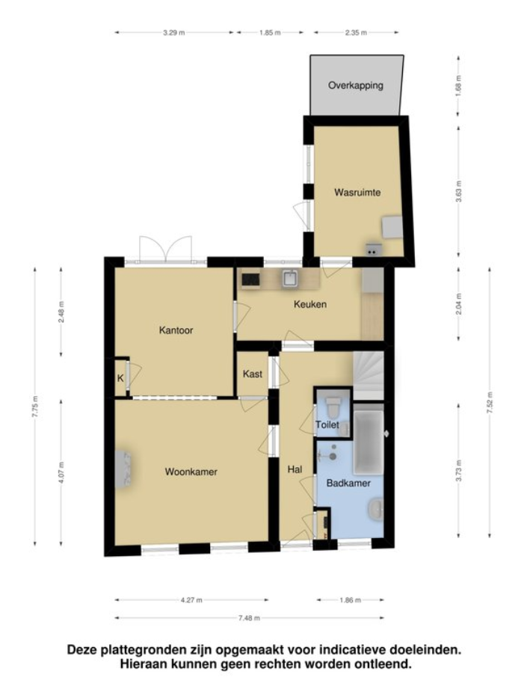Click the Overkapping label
click(x=355, y=85)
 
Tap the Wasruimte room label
click(x=357, y=192)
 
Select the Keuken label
click(x=310, y=304)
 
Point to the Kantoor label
click(x=176, y=330)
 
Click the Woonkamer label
click(x=191, y=472)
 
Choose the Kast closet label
click(x=253, y=374)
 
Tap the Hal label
click(x=295, y=469)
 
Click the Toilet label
click(x=327, y=424)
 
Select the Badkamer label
click(x=348, y=483)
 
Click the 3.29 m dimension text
click(x=173, y=32)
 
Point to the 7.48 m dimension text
click(x=249, y=618)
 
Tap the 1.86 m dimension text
click(x=350, y=600)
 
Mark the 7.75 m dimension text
click(x=35, y=406)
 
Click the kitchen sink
click(x=290, y=279)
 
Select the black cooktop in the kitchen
click(x=250, y=279)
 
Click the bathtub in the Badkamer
click(x=369, y=441)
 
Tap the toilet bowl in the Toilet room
click(x=333, y=406)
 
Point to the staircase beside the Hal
click(x=369, y=376)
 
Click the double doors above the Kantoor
click(x=166, y=250)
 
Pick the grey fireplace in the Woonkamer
click(x=123, y=469)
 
